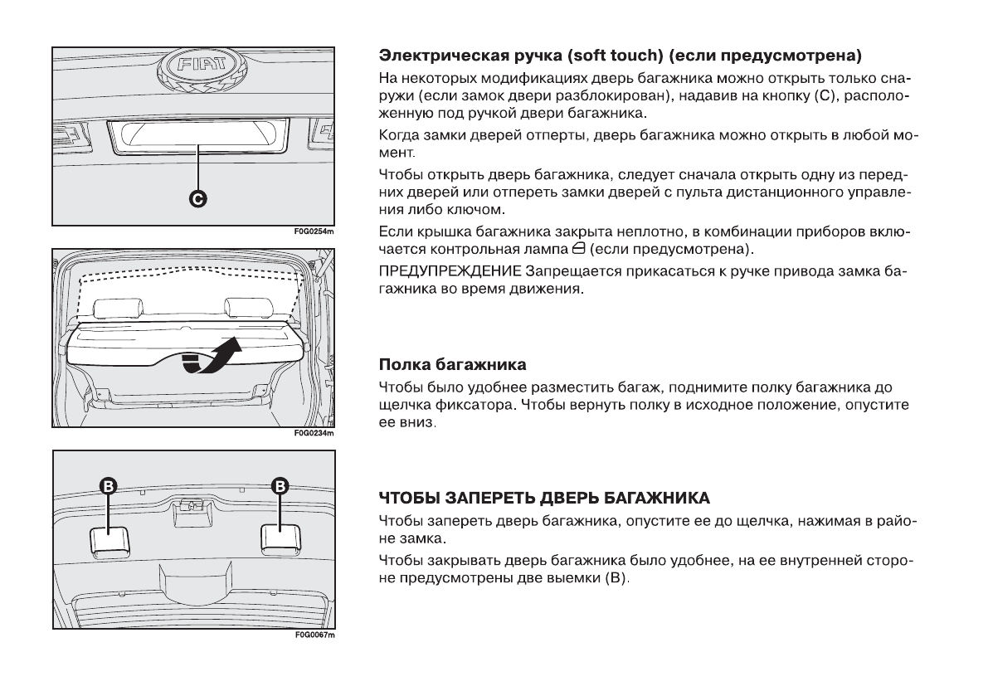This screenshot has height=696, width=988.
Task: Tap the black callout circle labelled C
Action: (x=198, y=198)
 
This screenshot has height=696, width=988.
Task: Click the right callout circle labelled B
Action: (x=280, y=485)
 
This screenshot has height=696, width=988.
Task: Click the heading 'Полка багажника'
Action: (x=452, y=365)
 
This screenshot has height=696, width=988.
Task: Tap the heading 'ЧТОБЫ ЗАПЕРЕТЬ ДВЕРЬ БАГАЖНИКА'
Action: (x=544, y=499)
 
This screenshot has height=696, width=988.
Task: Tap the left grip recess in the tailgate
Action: (x=108, y=539)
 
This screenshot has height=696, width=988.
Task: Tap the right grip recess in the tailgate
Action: (x=280, y=538)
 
